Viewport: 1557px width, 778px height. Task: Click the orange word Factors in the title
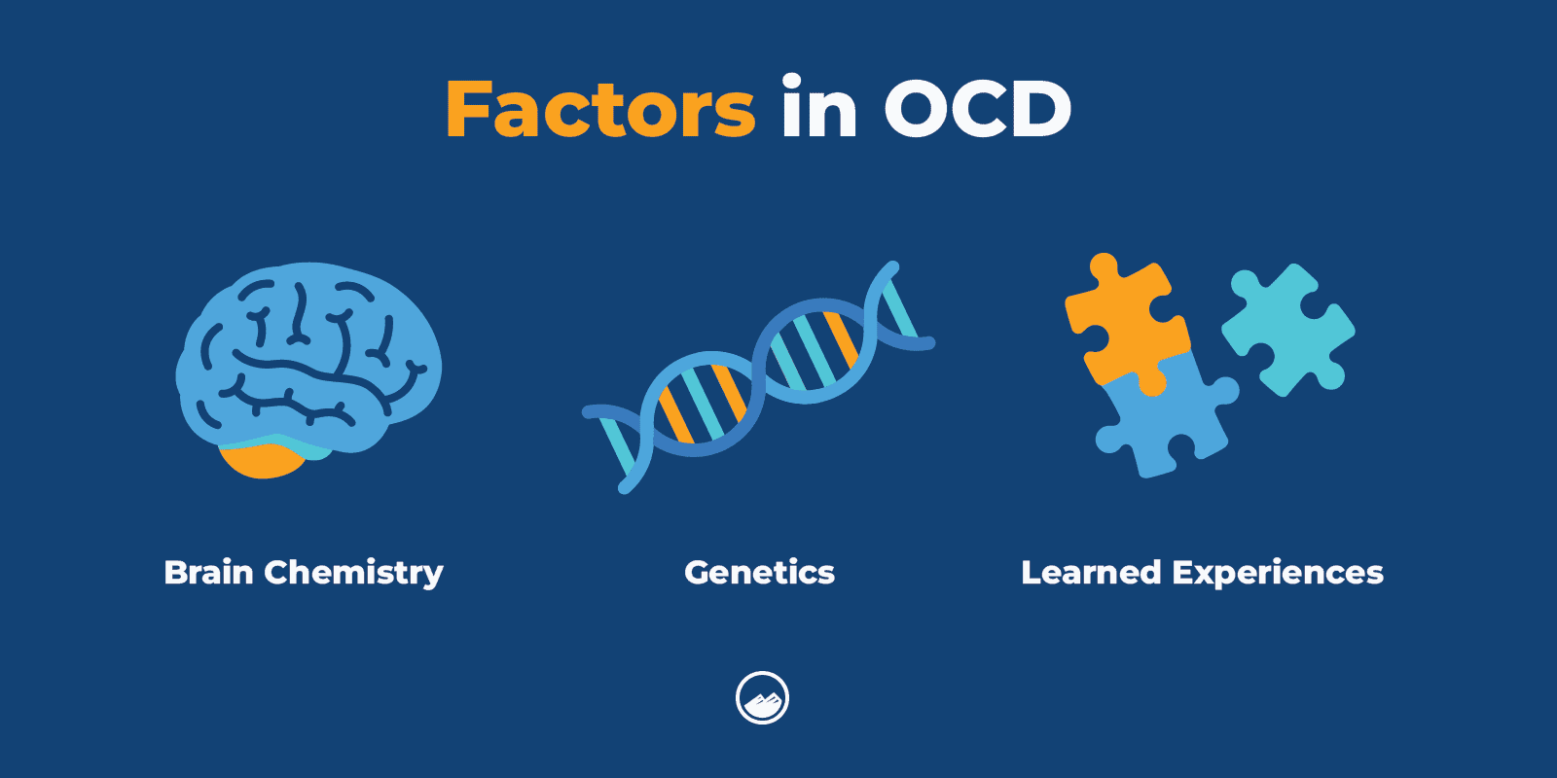coord(600,109)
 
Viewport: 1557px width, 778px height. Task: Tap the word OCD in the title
coord(977,109)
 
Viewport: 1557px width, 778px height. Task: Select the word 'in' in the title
coord(818,109)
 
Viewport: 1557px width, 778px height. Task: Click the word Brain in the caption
coord(208,572)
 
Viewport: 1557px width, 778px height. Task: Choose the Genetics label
coord(759,572)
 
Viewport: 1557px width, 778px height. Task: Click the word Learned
coord(1091,572)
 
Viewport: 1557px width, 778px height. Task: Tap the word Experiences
coord(1278,574)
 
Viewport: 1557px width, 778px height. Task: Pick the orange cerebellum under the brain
coord(261,460)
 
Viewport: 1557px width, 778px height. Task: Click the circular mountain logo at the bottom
coord(762,697)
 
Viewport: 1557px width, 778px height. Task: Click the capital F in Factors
coord(472,109)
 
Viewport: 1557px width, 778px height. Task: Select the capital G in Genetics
coord(698,572)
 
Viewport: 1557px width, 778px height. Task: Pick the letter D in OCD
coord(1041,109)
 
